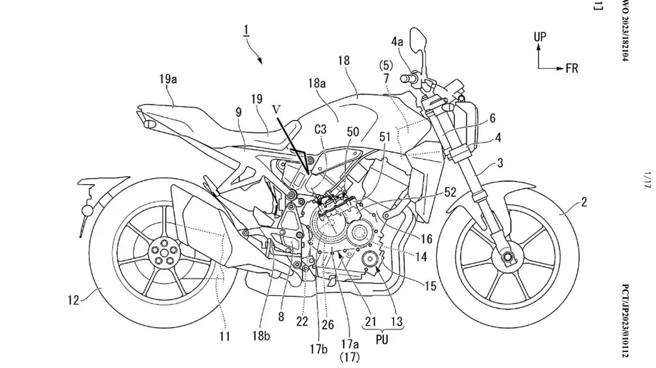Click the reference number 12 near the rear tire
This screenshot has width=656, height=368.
coord(73,300)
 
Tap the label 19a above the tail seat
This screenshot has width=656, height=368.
coord(168,79)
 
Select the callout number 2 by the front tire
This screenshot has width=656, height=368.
coord(584,202)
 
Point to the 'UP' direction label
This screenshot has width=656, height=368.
coord(540,37)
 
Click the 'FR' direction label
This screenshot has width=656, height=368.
coord(572,68)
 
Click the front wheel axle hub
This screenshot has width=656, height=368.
coord(508,257)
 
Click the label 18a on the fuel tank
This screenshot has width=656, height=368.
coord(317,84)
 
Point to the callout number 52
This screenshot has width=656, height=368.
coord(450,192)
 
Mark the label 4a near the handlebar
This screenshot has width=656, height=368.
coord(396,41)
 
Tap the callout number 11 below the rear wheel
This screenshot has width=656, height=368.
coord(224,336)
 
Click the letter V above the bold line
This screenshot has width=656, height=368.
coord(278,110)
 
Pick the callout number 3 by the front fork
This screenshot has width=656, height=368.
coord(499,163)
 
